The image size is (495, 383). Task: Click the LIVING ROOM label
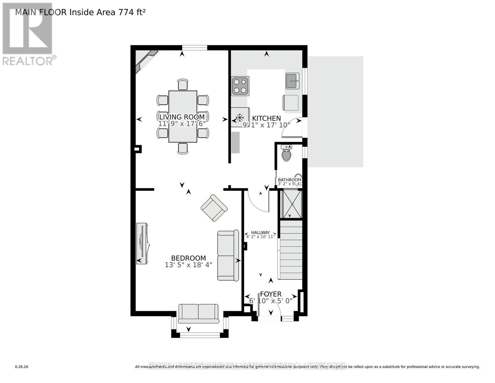coord(182,117)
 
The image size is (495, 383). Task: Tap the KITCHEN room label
coord(266,118)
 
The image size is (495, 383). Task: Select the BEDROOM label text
coord(188,258)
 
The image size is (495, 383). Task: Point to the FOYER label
coord(271,294)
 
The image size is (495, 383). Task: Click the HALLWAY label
coord(260,232)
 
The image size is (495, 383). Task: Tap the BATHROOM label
coord(289,180)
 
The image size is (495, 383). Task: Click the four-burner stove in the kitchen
coord(240,86)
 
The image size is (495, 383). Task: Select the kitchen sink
coord(292,81)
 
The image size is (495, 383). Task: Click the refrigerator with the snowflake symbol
coord(240,117)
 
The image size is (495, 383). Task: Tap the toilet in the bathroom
coord(287,154)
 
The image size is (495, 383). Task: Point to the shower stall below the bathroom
coord(290,204)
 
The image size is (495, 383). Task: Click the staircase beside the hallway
coord(291,250)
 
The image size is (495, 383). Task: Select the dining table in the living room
coord(183,116)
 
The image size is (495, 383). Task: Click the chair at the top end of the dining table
coord(183,85)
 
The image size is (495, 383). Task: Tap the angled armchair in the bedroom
coord(214,207)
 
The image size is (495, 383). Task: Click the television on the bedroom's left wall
coord(142,244)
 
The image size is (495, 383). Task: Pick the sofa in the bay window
coord(198,313)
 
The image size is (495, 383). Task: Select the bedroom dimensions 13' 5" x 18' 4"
coord(188,265)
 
